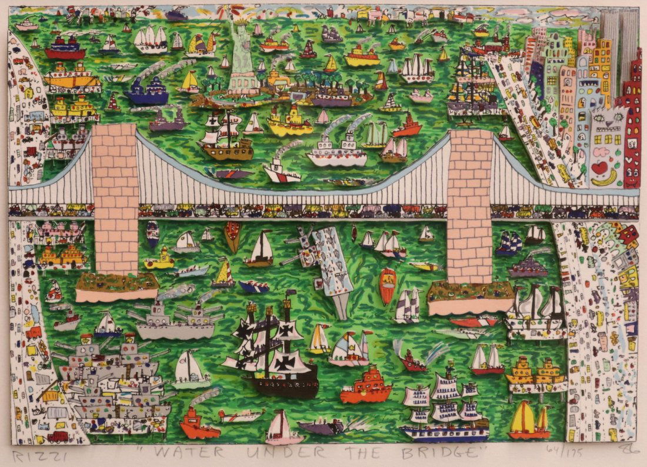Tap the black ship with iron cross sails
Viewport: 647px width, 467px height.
pyautogui.click(x=273, y=353)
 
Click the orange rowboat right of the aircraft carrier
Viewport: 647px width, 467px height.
pyautogui.click(x=388, y=285)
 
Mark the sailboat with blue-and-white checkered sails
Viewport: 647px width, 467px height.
pyautogui.click(x=509, y=243)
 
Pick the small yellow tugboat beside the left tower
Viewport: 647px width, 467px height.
pyautogui.click(x=159, y=259)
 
